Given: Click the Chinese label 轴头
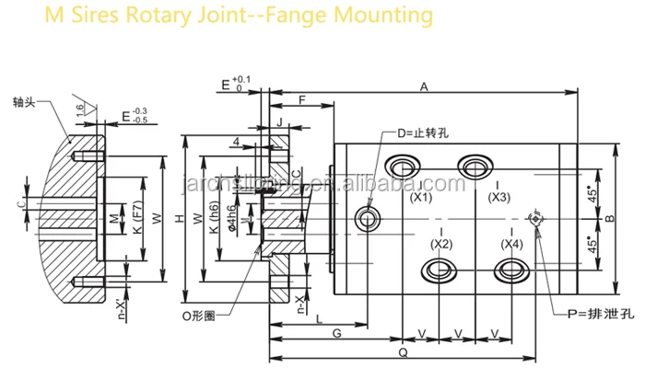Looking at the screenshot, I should (25, 101).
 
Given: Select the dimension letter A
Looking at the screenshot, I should (425, 86).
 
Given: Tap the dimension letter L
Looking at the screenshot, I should (318, 317).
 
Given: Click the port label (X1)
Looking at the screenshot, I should (422, 197).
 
